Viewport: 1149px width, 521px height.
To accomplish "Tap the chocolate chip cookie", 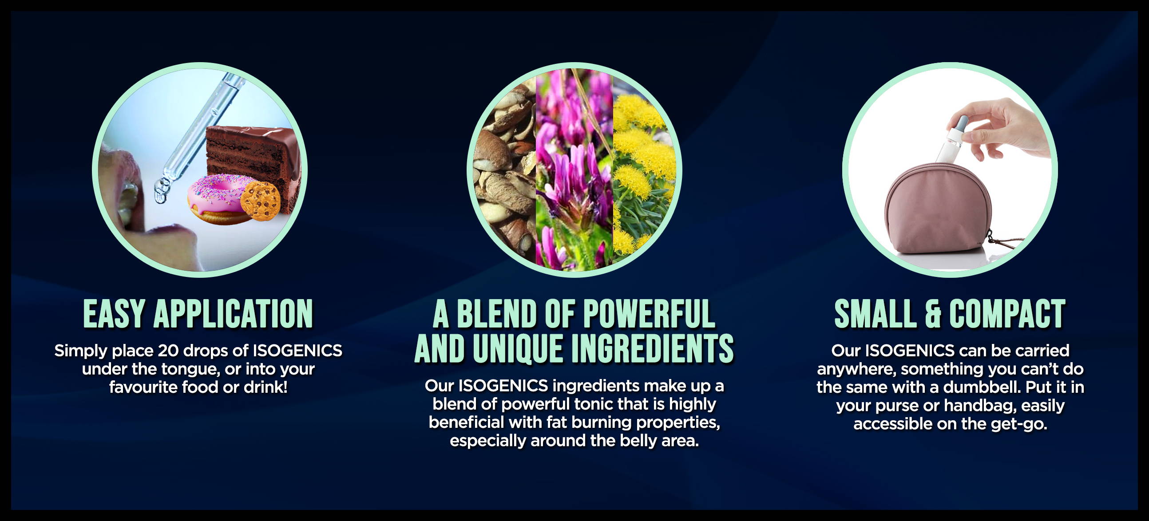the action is (x=261, y=201).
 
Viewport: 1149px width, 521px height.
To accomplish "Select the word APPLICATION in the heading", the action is (x=233, y=314).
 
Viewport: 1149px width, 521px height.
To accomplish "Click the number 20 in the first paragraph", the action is (x=168, y=351).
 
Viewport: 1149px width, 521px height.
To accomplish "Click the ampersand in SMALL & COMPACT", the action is (x=933, y=314).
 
